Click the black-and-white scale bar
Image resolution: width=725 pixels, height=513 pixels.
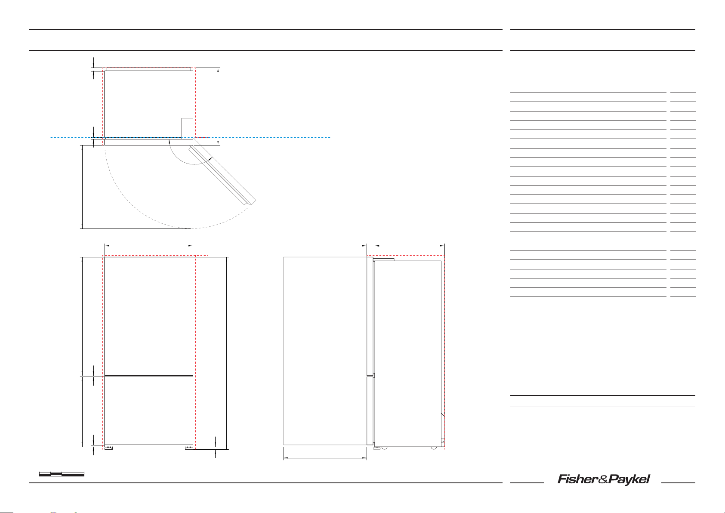tap(62, 474)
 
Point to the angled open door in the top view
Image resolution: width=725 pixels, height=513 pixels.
tap(222, 174)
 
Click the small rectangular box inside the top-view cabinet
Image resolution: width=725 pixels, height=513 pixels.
tap(187, 128)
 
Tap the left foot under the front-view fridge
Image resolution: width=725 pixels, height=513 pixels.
tap(108, 448)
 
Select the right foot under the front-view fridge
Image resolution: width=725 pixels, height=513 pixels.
tap(189, 448)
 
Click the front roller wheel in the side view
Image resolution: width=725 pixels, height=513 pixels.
tap(383, 448)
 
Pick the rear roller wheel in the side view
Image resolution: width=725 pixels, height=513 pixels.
tap(435, 448)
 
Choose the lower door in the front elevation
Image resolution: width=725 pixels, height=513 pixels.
tap(149, 411)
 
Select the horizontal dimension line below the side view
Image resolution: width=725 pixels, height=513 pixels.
tap(325, 458)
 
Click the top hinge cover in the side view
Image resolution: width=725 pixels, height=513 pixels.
tap(384, 260)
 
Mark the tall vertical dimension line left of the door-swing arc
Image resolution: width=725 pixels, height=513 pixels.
tap(82, 187)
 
